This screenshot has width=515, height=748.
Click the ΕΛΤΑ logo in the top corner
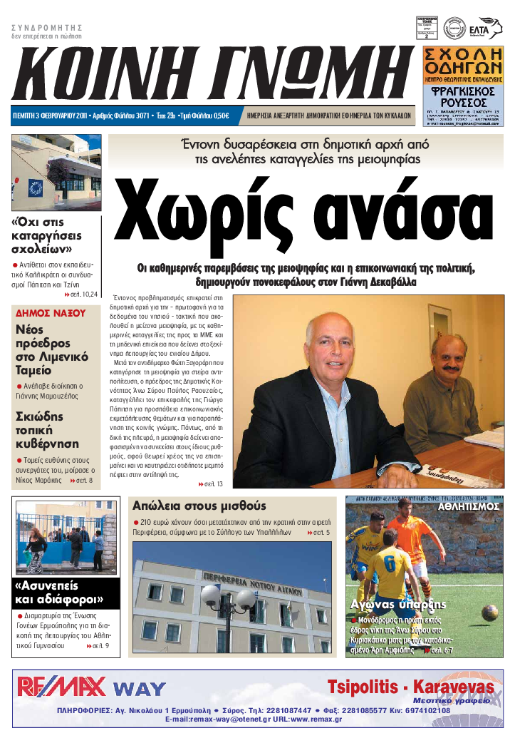[489, 26]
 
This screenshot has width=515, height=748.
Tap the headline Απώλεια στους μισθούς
[199, 506]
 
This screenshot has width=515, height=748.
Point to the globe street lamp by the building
[227, 600]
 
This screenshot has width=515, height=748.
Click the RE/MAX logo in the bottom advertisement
[61, 687]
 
